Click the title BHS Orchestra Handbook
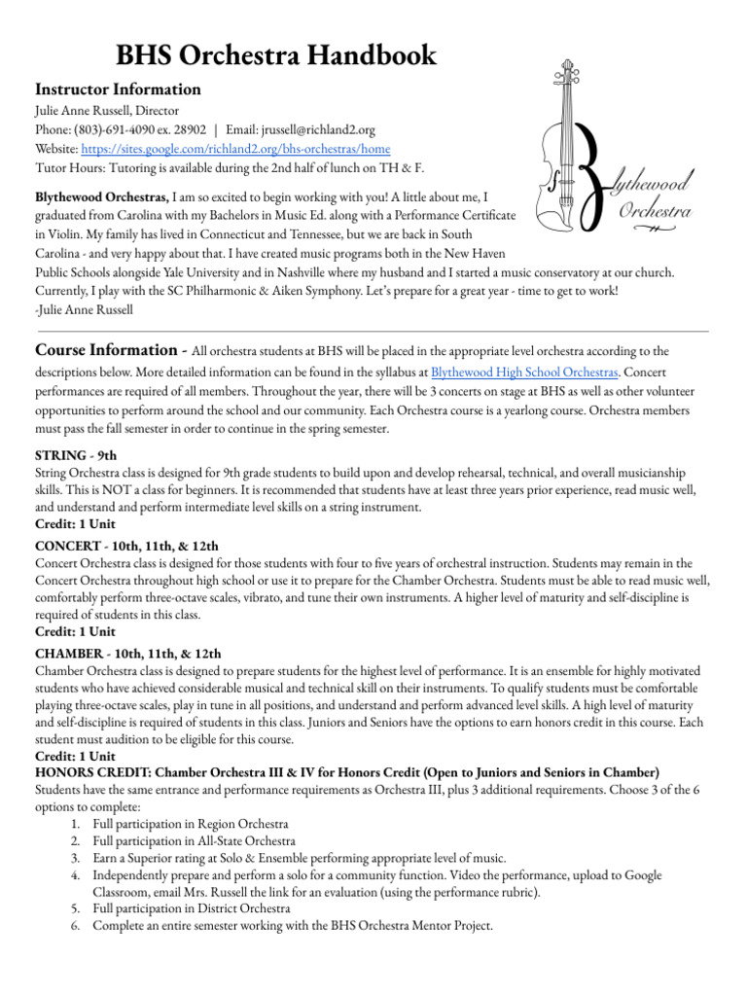(275, 54)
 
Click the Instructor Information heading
(118, 89)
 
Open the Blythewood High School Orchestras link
(523, 373)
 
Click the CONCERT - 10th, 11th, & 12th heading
(126, 546)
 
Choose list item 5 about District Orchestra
(192, 908)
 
